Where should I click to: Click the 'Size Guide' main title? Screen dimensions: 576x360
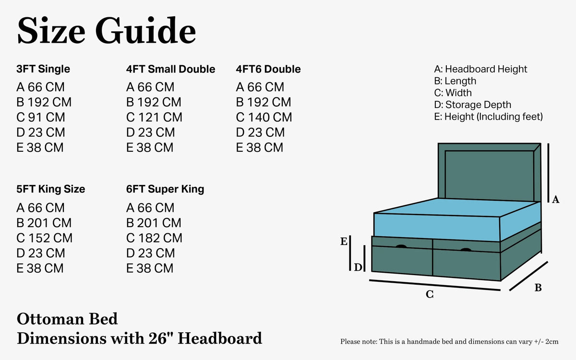[107, 30]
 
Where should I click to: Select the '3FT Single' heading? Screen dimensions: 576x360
[43, 69]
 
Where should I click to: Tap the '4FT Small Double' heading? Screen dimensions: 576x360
[170, 69]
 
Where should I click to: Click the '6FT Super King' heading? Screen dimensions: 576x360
[165, 189]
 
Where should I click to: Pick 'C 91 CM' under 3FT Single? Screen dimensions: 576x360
[41, 117]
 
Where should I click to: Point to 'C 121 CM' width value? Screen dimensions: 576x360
[154, 117]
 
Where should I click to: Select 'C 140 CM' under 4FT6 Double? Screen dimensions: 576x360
[264, 117]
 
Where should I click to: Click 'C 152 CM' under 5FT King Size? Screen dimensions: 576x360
[44, 238]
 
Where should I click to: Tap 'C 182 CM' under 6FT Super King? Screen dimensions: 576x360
[154, 238]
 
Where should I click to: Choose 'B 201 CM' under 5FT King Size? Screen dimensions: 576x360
[44, 223]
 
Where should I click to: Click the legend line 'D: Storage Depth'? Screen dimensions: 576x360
[472, 105]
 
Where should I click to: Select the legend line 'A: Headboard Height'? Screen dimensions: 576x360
[480, 69]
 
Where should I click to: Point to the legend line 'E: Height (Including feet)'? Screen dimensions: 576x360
[488, 117]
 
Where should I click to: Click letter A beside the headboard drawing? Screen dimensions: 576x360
[555, 199]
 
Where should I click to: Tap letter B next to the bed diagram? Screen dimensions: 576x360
[538, 288]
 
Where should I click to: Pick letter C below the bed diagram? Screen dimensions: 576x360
[430, 294]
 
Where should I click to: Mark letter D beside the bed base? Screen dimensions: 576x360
[358, 267]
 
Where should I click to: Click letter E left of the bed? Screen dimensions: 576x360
[344, 241]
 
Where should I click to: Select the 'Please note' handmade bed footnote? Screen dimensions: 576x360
[449, 341]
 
